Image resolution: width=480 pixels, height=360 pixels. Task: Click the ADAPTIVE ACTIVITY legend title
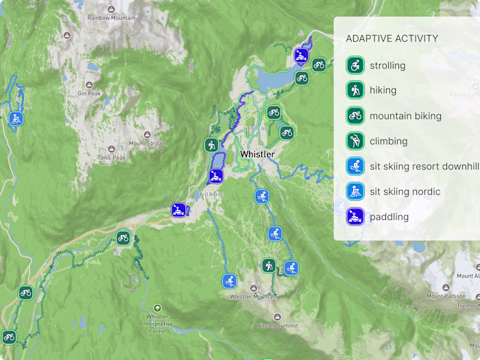392,38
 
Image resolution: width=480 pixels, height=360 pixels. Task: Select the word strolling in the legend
387,66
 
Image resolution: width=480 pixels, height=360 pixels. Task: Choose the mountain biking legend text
405,116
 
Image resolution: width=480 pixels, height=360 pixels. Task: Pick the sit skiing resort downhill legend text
424,167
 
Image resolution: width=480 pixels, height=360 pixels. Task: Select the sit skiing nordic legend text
405,191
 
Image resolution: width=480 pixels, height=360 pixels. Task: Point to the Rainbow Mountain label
111,18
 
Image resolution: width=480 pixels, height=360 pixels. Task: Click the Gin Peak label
89,93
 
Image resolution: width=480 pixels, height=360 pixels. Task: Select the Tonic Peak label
111,157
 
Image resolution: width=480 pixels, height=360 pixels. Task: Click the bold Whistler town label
257,154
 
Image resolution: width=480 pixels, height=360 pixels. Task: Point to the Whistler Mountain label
253,297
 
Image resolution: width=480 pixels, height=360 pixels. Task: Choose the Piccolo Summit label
277,325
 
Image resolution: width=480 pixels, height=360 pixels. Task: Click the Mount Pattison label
445,296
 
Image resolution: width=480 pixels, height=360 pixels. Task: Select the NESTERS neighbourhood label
255,129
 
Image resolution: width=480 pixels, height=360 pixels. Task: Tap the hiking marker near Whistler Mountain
268,265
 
